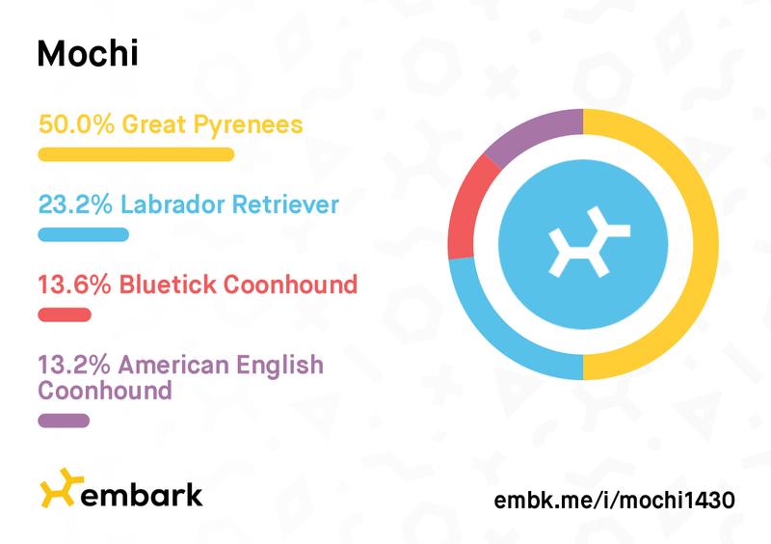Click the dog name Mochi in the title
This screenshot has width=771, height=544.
88,53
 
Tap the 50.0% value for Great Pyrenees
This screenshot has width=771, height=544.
76,124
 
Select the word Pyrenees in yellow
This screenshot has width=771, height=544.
248,125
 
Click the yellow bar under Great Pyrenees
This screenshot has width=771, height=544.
136,154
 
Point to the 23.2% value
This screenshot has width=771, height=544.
75,204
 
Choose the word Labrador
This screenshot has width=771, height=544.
173,204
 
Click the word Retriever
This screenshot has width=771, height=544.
285,204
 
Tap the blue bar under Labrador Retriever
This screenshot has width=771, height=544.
84,234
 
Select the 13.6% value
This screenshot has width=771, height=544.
75,285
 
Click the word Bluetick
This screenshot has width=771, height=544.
168,285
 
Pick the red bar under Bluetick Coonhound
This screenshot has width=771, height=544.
65,314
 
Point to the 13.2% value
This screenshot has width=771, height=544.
74,365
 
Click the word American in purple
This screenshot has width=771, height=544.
173,365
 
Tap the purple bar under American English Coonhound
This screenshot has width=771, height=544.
64,421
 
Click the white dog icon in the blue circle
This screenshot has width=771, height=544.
589,242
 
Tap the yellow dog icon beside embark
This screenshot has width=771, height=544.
62,488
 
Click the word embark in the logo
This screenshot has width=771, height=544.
141,495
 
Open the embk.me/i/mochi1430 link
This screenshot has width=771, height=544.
615,501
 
